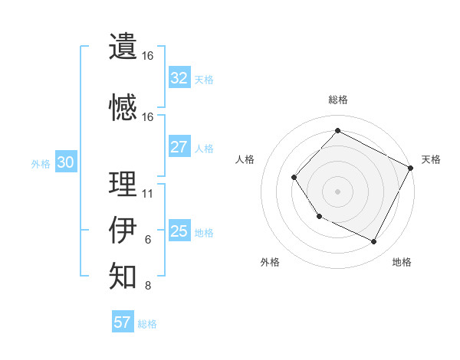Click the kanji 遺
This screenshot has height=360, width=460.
point(123,46)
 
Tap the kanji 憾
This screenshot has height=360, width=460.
point(123,106)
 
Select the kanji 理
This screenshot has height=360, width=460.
point(123,183)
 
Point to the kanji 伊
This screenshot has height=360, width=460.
point(123,229)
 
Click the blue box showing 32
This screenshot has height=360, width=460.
point(179,78)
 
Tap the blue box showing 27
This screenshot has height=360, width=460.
point(179,147)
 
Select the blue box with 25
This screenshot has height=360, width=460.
point(179,231)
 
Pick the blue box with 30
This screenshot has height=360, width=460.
point(65,162)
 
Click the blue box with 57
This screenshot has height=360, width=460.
point(122,322)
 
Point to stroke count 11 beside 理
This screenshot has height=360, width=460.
point(148,193)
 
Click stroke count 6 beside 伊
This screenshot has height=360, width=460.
point(148,239)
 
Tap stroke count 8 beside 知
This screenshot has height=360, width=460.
point(148,286)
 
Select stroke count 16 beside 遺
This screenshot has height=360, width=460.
point(148,56)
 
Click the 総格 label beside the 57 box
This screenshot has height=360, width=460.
point(147,324)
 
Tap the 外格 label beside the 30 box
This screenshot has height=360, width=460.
point(41,163)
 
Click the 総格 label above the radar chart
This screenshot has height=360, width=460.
point(337,100)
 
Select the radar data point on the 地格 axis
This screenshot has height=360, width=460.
point(374,242)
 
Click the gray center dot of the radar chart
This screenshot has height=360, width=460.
point(337,191)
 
